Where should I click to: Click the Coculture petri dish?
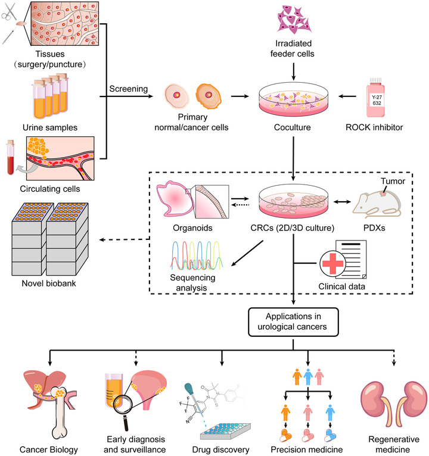pos(292,98)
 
